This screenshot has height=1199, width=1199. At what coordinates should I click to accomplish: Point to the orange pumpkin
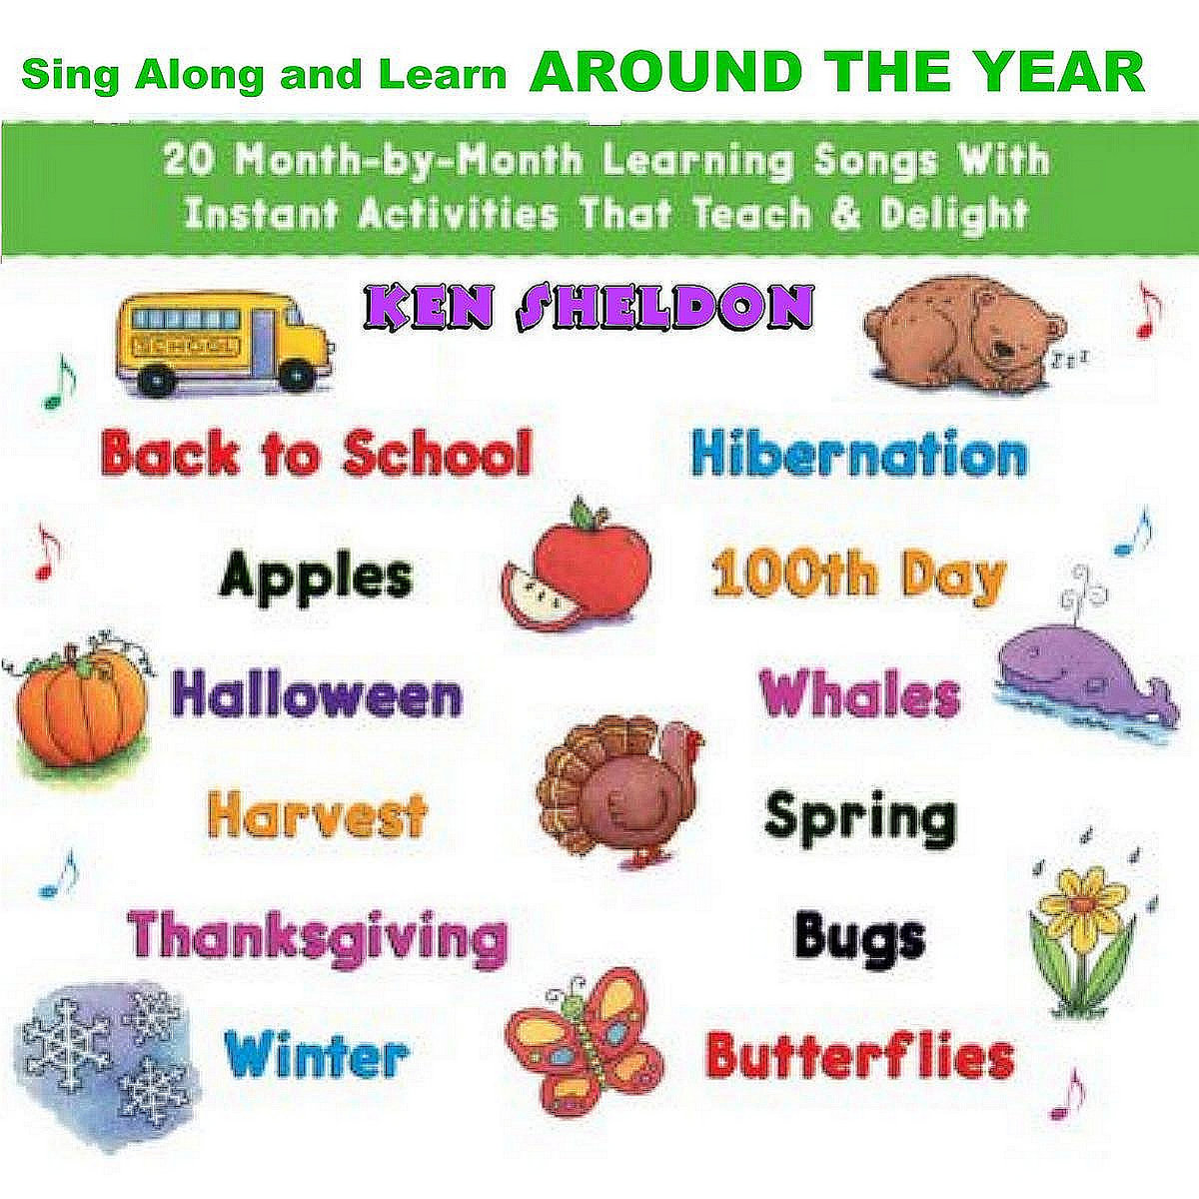click(80, 705)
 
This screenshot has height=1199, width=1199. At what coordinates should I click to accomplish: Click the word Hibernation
click(858, 456)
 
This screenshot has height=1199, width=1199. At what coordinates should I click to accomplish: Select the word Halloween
click(318, 695)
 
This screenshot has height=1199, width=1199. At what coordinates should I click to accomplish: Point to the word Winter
click(316, 1053)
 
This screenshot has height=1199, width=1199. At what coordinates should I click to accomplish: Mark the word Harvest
click(318, 815)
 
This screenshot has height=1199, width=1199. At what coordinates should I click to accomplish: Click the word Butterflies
click(859, 1055)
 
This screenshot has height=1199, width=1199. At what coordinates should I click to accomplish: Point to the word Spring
click(859, 817)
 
